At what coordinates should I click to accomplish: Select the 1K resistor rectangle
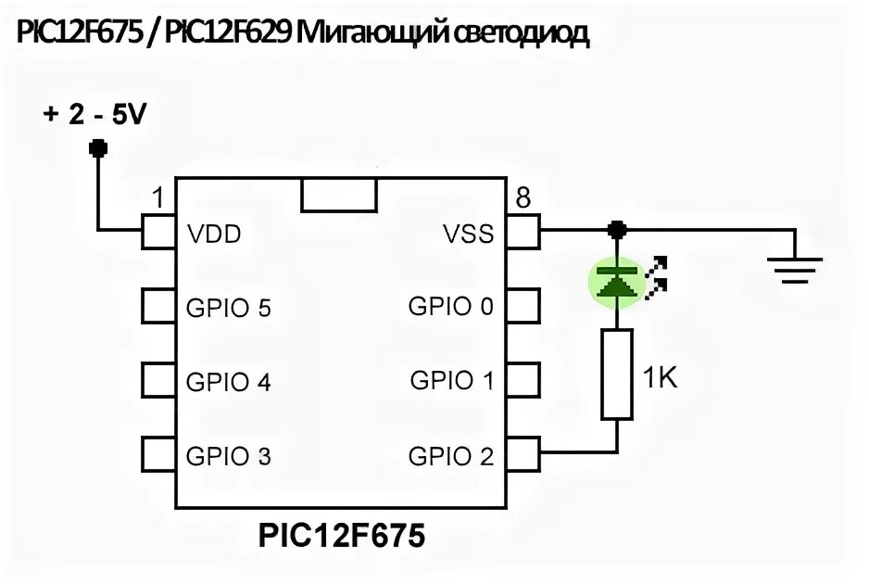617,373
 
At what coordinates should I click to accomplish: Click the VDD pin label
213,235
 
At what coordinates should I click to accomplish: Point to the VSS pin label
468,235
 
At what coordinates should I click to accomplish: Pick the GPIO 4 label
228,382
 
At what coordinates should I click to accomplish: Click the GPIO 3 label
228,456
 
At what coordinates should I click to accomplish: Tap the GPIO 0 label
451,306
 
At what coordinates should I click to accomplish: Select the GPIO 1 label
451,380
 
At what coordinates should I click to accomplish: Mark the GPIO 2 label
451,456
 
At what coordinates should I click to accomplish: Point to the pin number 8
523,198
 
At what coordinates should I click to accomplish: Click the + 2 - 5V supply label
94,116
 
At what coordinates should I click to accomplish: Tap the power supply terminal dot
96,147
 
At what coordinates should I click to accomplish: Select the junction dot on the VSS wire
617,229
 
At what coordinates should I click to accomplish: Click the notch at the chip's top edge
339,196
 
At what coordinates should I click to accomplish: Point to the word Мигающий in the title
376,34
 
